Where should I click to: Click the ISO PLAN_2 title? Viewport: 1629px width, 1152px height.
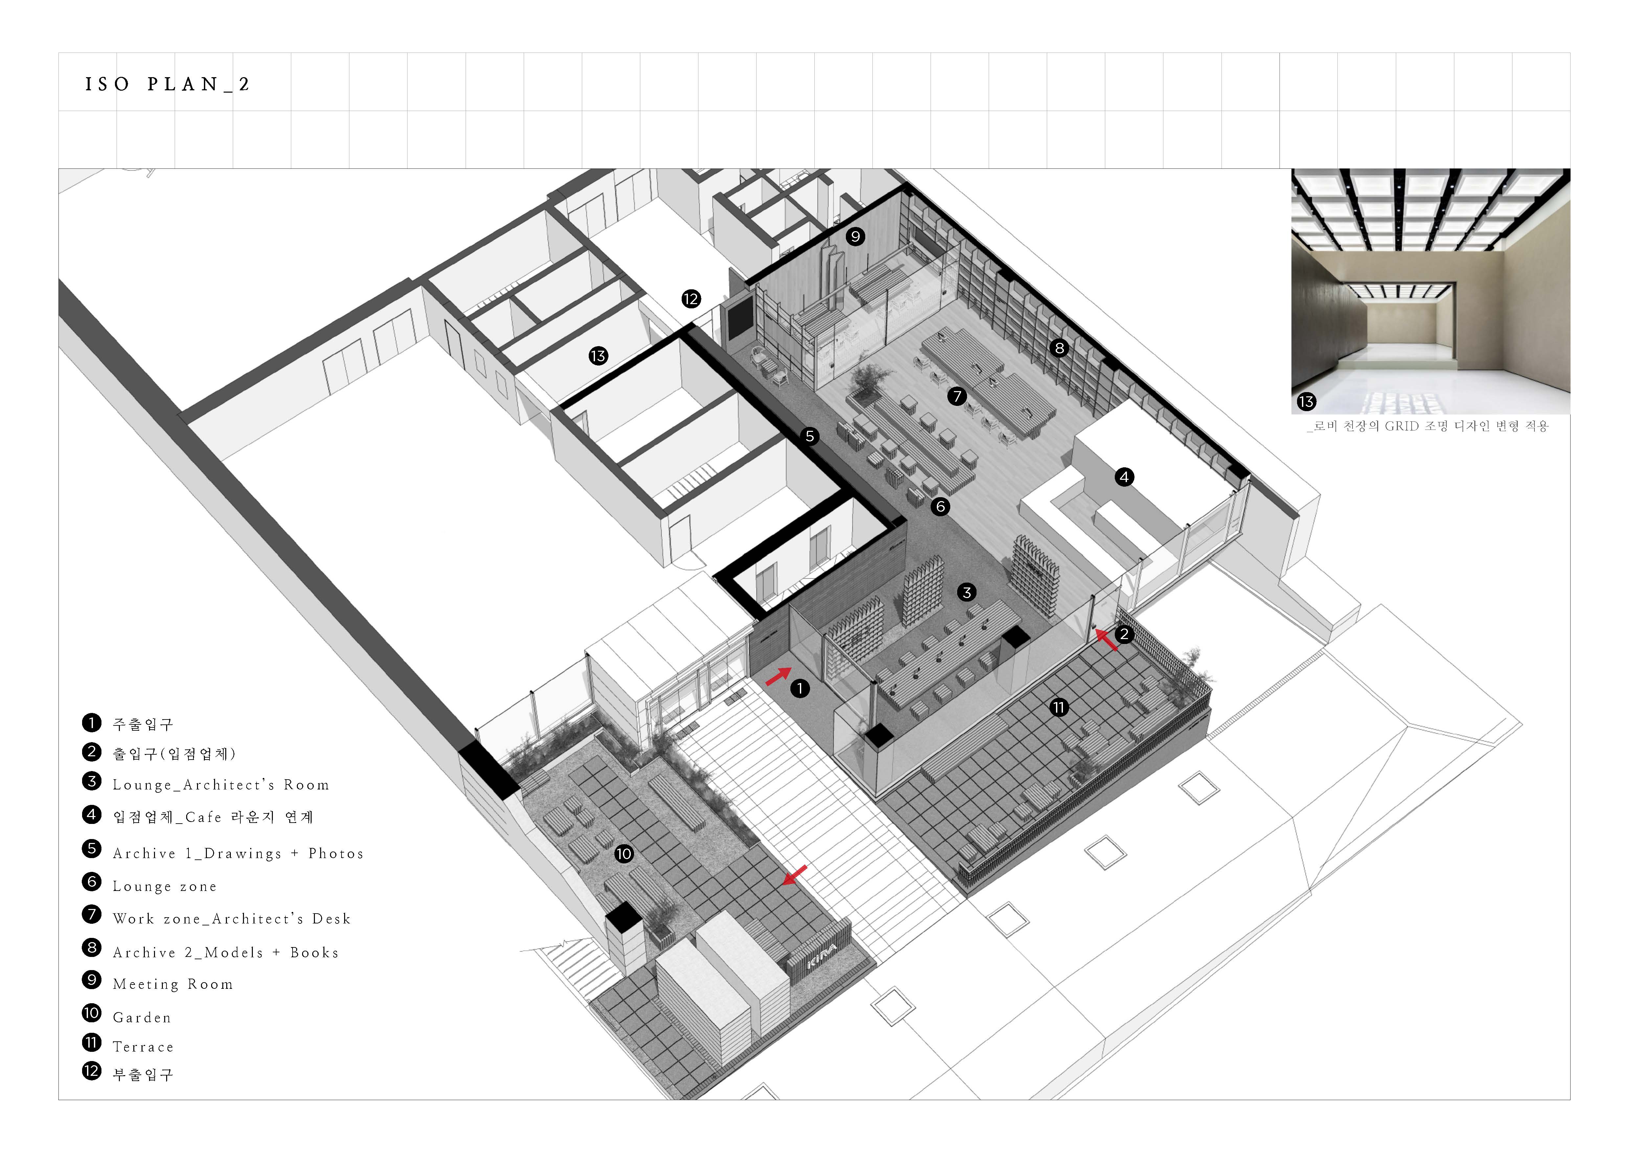(167, 84)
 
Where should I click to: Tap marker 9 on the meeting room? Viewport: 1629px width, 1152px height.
(855, 236)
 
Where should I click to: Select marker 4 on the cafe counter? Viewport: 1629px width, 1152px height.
(1124, 477)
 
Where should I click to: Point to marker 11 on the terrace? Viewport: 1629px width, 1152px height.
(1059, 707)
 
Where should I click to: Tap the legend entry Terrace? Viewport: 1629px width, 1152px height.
(143, 1046)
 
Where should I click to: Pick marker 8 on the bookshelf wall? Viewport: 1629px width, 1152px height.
(1059, 347)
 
